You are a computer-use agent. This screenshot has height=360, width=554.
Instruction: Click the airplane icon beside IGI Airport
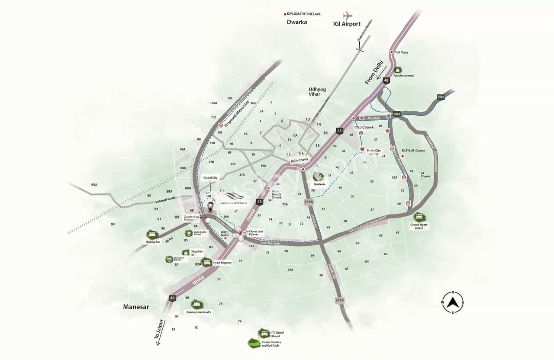347,16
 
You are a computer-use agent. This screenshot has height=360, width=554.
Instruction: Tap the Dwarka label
296,22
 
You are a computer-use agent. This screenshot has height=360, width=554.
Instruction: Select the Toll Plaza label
401,52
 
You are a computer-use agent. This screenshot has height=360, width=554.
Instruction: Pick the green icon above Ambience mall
398,69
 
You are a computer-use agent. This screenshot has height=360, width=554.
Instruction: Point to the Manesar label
136,307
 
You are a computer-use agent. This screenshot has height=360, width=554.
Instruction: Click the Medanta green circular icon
318,177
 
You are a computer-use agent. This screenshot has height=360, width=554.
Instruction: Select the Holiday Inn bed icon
152,235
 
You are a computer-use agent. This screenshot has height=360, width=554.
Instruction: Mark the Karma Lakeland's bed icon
196,304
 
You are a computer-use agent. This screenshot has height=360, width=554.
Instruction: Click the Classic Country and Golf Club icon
255,343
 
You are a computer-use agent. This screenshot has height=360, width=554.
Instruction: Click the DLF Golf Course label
413,151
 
